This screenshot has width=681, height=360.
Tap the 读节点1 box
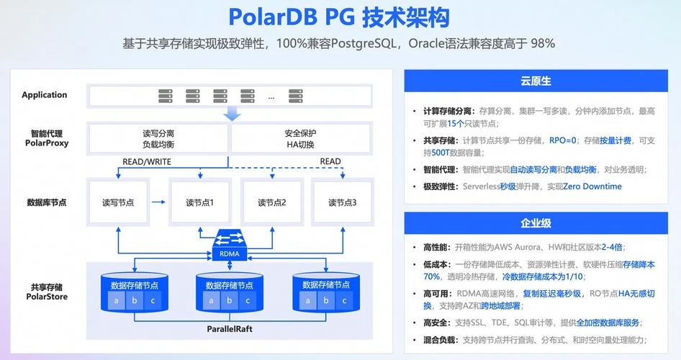pos(200,203)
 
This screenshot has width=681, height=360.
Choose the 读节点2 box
pos(272,203)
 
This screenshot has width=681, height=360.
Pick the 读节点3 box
pos(343,203)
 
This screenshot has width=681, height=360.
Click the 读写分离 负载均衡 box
pos(158,138)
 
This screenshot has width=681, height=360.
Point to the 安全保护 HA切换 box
pos(300,138)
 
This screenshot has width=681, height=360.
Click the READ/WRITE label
pos(147,162)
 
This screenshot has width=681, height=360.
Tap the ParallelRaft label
pos(230,329)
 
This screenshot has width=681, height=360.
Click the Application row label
pos(45,95)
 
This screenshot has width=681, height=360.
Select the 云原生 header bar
pos(536,81)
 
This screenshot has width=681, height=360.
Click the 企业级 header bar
pos(536,223)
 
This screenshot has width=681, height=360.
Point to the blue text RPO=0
pos(563,140)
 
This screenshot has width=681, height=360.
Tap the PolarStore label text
pos(47,296)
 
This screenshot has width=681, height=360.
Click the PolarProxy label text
pos(47,143)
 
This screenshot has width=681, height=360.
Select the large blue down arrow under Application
pos(232,114)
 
